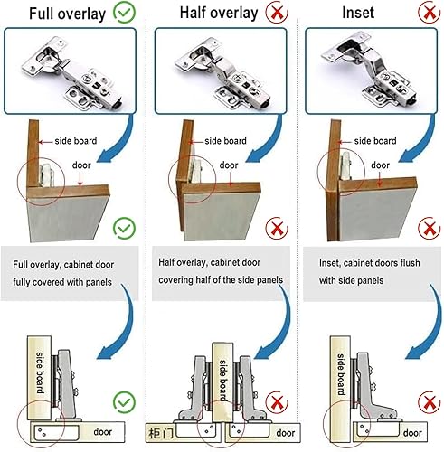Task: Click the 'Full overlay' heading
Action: pyautogui.click(x=67, y=14)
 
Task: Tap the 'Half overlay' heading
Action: pyautogui.click(x=219, y=13)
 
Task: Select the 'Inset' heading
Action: pyautogui.click(x=358, y=13)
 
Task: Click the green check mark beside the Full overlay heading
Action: pyautogui.click(x=124, y=13)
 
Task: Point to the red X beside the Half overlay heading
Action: pyautogui.click(x=277, y=13)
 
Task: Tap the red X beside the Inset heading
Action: pyautogui.click(x=430, y=13)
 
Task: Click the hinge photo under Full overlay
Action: pyautogui.click(x=70, y=71)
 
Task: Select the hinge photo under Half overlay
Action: pyautogui.click(x=221, y=71)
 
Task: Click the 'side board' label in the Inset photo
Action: pyautogui.click(x=375, y=141)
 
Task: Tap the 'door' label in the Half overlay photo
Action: pyautogui.click(x=229, y=165)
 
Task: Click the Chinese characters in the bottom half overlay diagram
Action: pyautogui.click(x=161, y=434)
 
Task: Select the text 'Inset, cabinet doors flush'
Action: pyautogui.click(x=370, y=263)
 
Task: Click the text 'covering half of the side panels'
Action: pyautogui.click(x=221, y=280)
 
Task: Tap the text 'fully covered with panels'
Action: pyautogui.click(x=62, y=282)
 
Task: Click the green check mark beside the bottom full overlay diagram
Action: pyautogui.click(x=124, y=402)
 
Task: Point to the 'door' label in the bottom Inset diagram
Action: pyautogui.click(x=412, y=433)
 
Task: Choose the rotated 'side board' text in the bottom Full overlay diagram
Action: pyautogui.click(x=40, y=372)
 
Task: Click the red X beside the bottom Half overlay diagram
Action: pyautogui.click(x=277, y=402)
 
